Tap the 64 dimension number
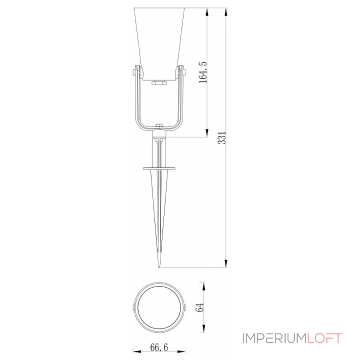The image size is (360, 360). [x=200, y=307]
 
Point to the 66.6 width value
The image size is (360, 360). [x=160, y=347]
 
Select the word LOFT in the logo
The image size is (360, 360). [x=325, y=338]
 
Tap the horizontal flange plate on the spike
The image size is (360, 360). [x=160, y=169]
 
